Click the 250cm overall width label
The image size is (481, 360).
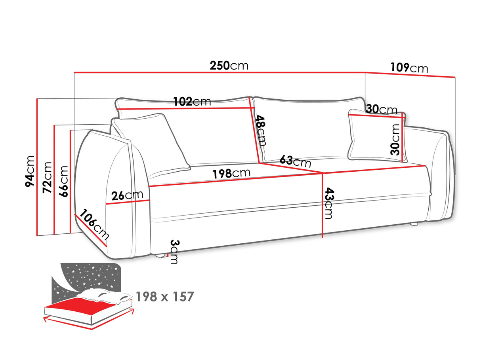[229, 65]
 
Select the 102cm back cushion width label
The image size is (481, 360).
[192, 101]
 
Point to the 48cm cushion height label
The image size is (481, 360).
[261, 131]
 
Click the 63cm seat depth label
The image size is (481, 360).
[295, 161]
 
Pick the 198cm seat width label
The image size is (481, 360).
[231, 173]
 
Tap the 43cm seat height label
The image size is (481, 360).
[329, 203]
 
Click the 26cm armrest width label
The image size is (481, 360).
[127, 195]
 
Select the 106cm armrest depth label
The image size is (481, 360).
[94, 225]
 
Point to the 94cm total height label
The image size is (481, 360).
[30, 171]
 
